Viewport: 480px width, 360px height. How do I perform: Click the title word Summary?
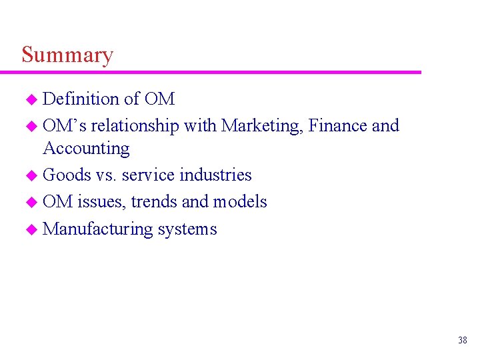[67, 55]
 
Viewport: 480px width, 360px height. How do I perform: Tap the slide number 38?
[462, 341]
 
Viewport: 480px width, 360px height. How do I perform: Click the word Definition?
[81, 99]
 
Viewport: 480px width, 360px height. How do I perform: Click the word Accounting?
[86, 149]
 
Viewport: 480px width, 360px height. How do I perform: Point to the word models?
[240, 201]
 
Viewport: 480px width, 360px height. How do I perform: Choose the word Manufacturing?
[98, 229]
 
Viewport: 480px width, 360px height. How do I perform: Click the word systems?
[187, 229]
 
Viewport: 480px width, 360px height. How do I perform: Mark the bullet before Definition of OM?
[30, 100]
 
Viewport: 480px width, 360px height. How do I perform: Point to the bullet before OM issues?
[30, 202]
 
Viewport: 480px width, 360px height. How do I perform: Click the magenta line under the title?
[220, 72]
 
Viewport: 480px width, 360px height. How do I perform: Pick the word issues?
[102, 201]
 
